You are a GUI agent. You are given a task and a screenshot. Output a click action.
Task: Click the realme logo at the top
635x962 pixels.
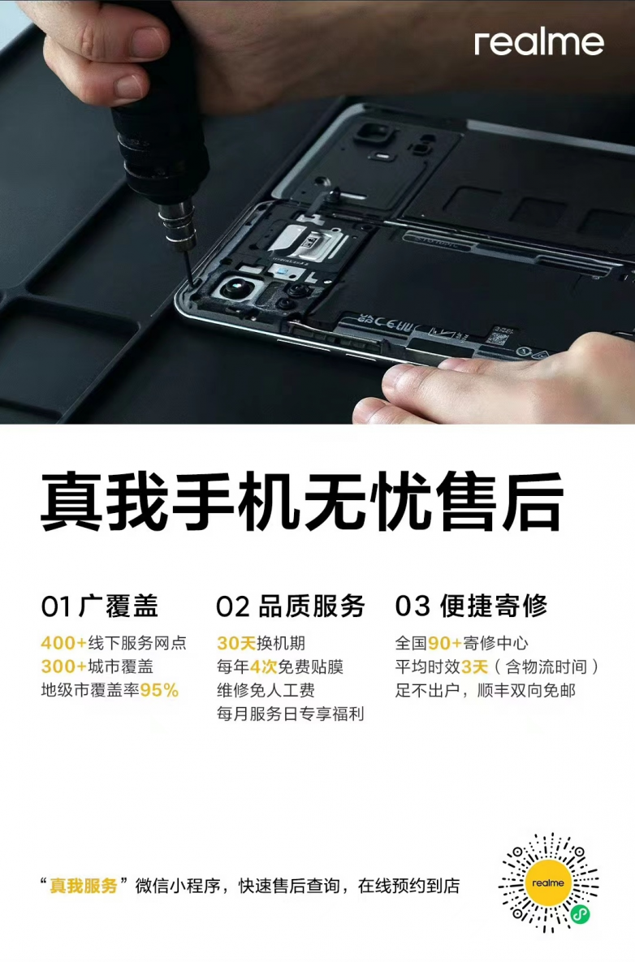(x=538, y=43)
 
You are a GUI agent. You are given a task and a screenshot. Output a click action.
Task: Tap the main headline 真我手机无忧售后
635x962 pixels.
(x=302, y=501)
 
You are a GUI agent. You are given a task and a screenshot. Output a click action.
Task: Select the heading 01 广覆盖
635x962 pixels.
(x=99, y=606)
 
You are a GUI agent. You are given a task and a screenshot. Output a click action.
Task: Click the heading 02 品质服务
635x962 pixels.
(x=290, y=606)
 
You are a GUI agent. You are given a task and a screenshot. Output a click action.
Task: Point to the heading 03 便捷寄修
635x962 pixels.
(x=471, y=606)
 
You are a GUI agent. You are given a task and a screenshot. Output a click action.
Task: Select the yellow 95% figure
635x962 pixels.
(x=159, y=690)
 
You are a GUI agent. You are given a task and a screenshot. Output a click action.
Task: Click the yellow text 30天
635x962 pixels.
(x=236, y=643)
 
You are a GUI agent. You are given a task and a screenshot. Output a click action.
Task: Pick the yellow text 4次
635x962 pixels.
(x=263, y=666)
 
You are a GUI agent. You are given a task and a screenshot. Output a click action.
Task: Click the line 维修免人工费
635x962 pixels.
(x=266, y=690)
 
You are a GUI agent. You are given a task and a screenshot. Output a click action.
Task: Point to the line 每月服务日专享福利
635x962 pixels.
(x=290, y=714)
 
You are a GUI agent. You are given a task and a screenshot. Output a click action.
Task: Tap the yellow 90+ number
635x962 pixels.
(x=445, y=643)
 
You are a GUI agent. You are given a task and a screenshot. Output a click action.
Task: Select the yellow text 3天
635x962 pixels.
(x=474, y=666)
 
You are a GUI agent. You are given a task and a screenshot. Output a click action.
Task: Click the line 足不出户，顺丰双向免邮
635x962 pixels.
(x=486, y=690)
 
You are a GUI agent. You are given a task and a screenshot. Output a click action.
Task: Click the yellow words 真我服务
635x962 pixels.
(x=84, y=886)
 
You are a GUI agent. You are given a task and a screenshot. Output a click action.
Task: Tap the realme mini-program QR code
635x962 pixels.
(x=548, y=883)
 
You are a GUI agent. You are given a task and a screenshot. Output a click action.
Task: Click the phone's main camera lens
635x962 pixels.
(x=234, y=287)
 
